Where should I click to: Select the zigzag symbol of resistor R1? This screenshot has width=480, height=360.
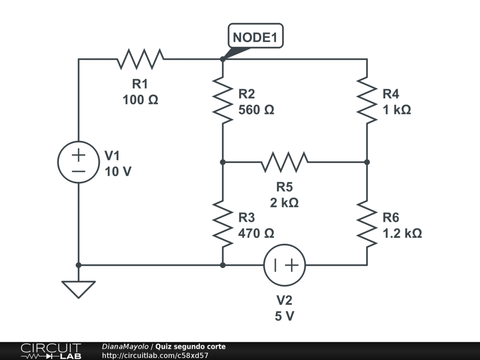tap(140, 59)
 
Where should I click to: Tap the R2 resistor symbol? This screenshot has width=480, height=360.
tap(223, 100)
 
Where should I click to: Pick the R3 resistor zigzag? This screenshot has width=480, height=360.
tap(223, 224)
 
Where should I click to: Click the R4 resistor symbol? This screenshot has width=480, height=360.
tap(367, 100)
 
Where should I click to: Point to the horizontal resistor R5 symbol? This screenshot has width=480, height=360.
tap(285, 162)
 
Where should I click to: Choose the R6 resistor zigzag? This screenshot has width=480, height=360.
tap(367, 224)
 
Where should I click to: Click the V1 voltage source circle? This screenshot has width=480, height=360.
tap(78, 162)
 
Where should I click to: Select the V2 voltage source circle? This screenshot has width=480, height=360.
tap(285, 265)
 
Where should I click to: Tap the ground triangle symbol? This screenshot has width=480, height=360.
tap(78, 289)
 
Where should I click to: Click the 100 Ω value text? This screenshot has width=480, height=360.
tap(140, 100)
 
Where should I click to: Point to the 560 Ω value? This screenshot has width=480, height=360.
tap(256, 110)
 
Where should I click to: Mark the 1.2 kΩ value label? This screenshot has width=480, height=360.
tap(402, 233)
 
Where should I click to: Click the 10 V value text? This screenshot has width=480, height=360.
tap(118, 172)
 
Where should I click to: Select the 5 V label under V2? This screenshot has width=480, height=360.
tap(285, 316)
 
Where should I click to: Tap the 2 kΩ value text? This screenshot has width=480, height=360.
tap(284, 203)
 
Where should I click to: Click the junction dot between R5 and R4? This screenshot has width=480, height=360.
tap(367, 162)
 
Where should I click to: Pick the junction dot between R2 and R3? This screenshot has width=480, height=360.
tap(223, 162)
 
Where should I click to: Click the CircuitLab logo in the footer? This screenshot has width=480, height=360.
tap(51, 351)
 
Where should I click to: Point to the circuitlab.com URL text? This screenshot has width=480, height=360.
tap(155, 355)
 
